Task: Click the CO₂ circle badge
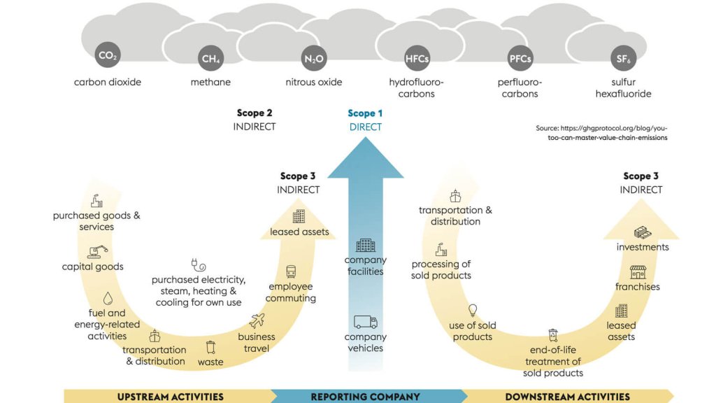107,55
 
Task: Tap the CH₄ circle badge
210,59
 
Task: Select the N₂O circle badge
314,59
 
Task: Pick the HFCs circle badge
417,59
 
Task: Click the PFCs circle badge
520,59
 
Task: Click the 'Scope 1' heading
366,113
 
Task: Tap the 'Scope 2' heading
255,113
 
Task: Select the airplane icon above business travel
257,321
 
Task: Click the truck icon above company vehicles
366,322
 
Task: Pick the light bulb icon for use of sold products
473,310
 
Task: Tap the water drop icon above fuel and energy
107,298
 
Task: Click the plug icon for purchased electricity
198,265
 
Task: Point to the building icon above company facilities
366,245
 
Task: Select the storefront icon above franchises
638,271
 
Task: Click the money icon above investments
643,232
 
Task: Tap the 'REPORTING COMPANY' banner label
366,397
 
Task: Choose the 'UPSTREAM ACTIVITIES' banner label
171,397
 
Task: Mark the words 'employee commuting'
290,292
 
